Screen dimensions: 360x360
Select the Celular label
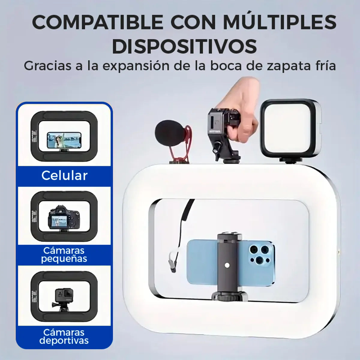[x=64, y=175]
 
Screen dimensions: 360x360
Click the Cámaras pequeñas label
[x=64, y=254]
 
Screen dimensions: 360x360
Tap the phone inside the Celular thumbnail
[x=64, y=140]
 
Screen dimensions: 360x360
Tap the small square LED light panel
[x=291, y=128]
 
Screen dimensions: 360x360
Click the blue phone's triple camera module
[x=260, y=255]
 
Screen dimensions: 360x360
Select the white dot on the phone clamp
[x=227, y=265]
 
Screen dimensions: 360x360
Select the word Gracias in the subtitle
[x=48, y=66]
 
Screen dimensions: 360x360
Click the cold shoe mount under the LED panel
[x=291, y=160]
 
